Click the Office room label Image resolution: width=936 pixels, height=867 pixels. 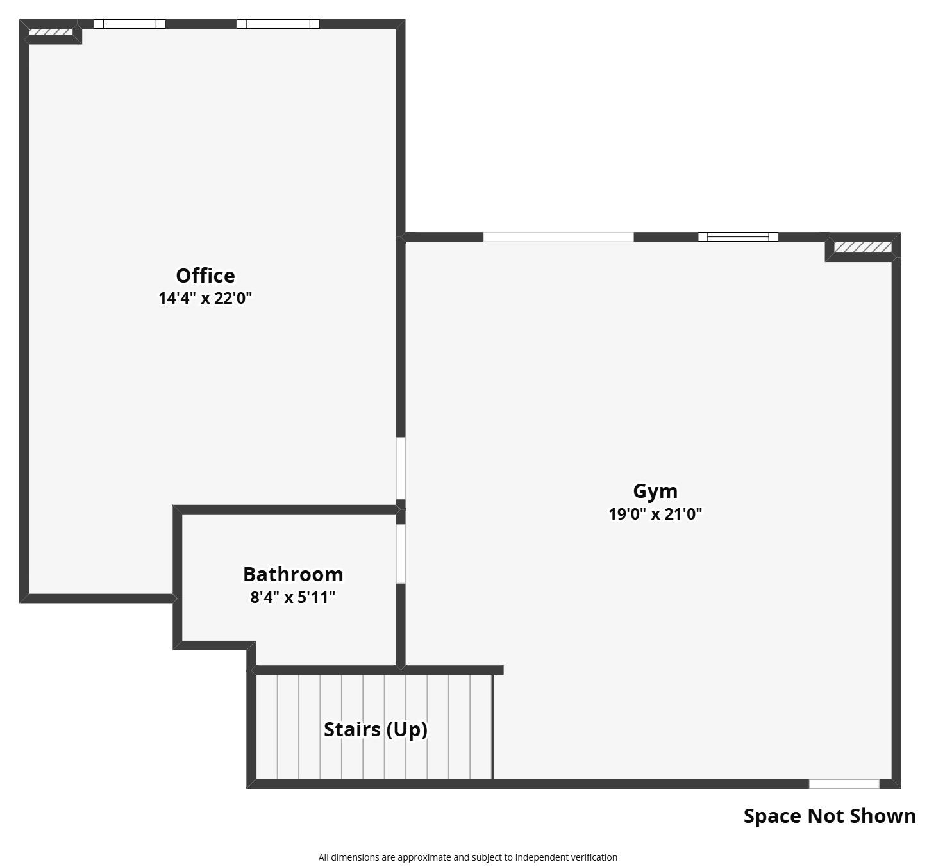click(205, 276)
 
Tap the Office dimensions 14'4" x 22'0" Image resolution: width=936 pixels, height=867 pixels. click(205, 298)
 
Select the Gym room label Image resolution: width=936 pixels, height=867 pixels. click(655, 491)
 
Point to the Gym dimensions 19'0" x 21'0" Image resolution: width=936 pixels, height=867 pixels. click(655, 514)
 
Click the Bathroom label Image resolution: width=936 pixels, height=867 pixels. click(293, 574)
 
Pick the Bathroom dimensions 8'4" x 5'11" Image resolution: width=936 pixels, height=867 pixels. click(293, 597)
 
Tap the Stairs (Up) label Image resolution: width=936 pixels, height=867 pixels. click(375, 729)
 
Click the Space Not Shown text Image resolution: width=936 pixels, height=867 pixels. click(830, 816)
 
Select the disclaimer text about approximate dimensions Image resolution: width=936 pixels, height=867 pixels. click(467, 857)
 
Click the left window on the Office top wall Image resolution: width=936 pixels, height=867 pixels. click(130, 24)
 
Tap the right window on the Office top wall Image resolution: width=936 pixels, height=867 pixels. click(278, 24)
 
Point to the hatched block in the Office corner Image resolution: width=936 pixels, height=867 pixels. click(51, 32)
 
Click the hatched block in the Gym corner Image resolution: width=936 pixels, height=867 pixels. click(862, 247)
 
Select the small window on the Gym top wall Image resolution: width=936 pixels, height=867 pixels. click(738, 237)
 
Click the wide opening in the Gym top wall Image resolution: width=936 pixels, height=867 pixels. click(558, 237)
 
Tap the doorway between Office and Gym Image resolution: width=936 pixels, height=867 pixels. click(401, 468)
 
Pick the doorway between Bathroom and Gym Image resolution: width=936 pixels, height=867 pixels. click(401, 554)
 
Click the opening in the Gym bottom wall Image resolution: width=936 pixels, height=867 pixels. click(844, 784)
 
